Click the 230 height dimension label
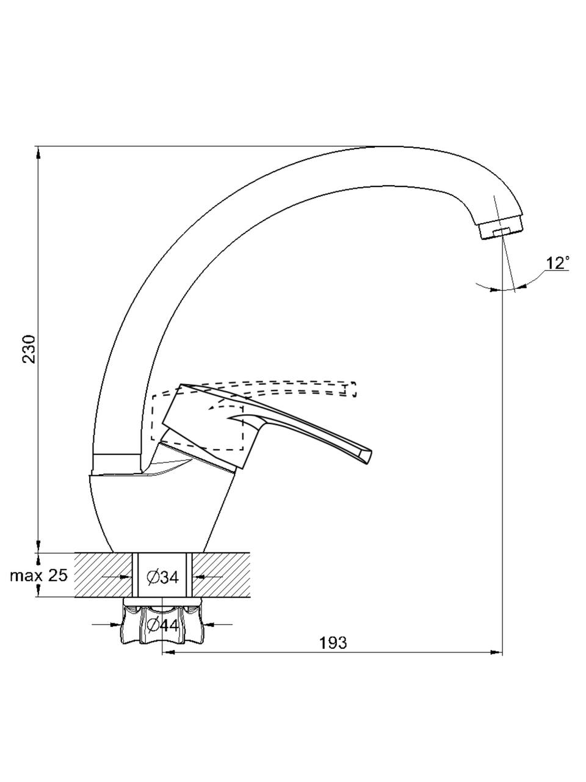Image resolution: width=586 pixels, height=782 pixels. click(29, 349)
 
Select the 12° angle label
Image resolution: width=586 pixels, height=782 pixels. click(557, 264)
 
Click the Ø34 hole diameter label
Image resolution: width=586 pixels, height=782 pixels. click(162, 586)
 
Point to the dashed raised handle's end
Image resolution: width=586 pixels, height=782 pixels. click(352, 389)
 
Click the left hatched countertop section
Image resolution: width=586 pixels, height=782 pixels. click(103, 575)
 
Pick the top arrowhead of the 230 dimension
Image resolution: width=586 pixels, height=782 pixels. click(38, 153)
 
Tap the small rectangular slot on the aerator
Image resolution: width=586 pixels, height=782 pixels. click(502, 232)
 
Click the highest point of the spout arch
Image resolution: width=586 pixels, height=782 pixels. click(383, 147)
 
